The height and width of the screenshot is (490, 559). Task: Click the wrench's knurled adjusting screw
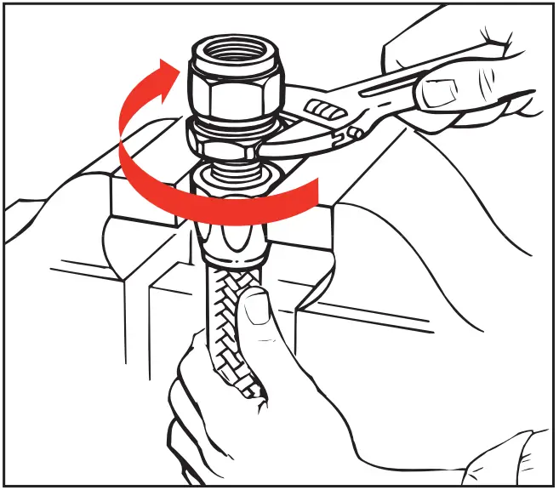[322, 110]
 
